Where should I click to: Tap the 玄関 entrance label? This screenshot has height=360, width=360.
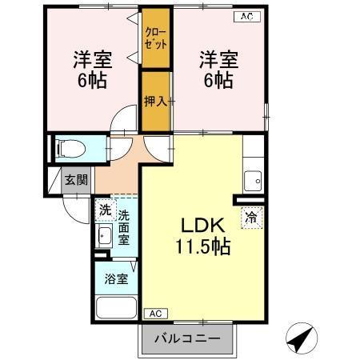77,181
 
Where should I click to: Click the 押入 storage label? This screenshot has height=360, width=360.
154,101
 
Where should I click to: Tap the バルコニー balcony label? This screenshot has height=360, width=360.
186,338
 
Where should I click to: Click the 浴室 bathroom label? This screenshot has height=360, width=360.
115,279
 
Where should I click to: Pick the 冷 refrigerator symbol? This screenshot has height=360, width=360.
251,216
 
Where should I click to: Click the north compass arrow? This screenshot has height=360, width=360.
299,338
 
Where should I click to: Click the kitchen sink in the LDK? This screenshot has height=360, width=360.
254,180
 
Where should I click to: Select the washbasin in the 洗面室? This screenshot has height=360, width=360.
104,236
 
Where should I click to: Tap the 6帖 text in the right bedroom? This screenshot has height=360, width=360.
218,81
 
